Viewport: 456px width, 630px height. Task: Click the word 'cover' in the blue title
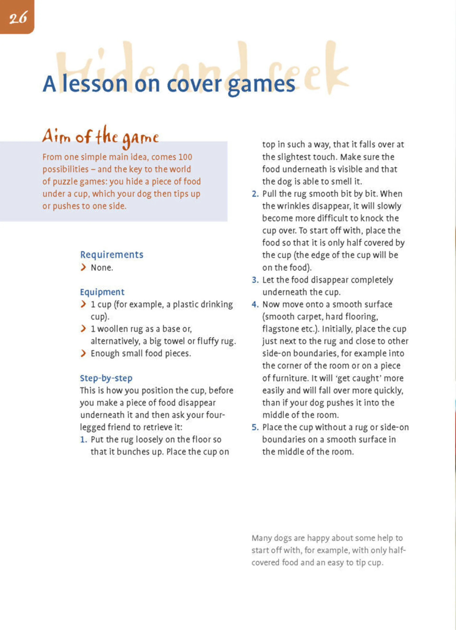pos(194,84)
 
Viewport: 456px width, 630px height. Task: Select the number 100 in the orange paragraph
pos(185,157)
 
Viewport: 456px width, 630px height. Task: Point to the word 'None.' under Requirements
pos(102,267)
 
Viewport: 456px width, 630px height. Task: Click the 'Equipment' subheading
pos(102,292)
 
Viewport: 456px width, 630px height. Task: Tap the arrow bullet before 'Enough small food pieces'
pos(83,353)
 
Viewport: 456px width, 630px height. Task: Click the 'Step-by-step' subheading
pos(106,378)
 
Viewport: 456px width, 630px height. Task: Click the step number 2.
pos(255,194)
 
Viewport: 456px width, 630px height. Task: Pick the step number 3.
pos(255,280)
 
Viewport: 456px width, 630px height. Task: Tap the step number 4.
pos(255,304)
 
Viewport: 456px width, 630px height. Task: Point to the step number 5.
pos(255,427)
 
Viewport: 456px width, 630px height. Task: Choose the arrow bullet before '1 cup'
pos(83,304)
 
